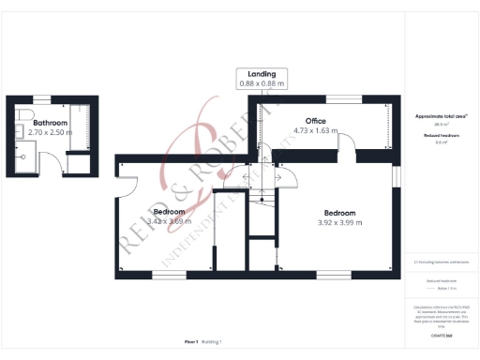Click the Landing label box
coord(262,79)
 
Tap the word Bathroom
coord(50,123)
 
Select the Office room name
coord(316,121)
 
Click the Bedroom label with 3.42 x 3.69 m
coord(169,212)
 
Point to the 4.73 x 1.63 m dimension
coord(316,131)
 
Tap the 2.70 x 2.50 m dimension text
coord(50,133)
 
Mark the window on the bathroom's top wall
coord(41,98)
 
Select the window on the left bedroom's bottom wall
coord(168,276)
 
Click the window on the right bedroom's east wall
coord(394,200)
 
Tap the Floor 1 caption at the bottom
coord(192,342)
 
